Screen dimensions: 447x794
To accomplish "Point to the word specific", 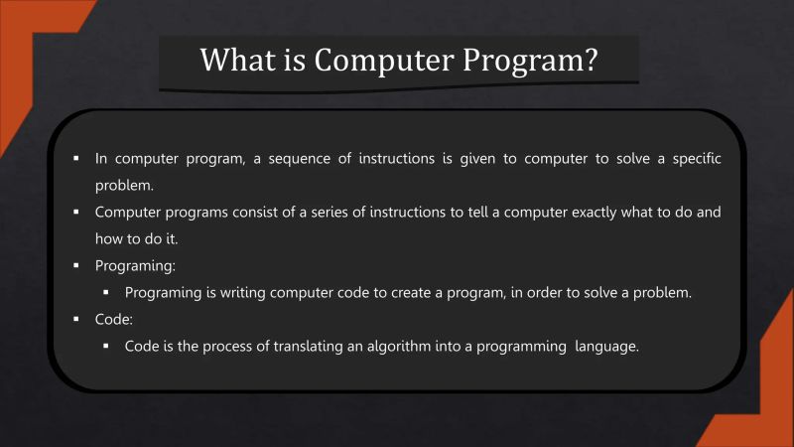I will coord(693,159).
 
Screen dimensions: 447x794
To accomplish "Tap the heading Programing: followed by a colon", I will coord(134,266).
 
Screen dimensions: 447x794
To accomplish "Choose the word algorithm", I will coord(402,347).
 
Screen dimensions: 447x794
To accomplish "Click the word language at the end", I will coord(605,347).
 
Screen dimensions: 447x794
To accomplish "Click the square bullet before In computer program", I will coord(75,159).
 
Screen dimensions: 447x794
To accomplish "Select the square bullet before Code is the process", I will coord(106,347).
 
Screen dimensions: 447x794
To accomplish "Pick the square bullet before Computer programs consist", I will coord(75,213).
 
